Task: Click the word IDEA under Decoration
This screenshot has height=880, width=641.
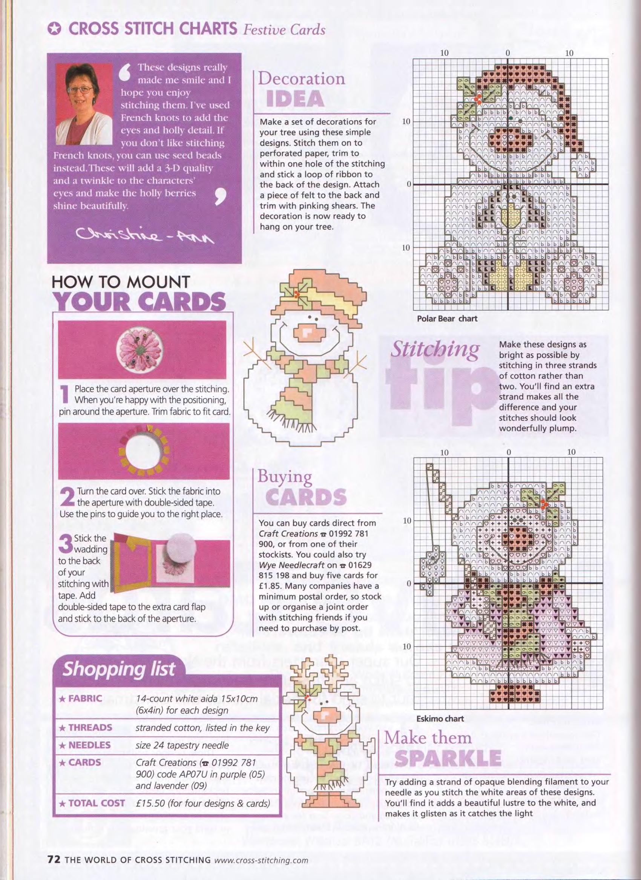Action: pos(296,99)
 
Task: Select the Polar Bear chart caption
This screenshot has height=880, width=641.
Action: pos(447,319)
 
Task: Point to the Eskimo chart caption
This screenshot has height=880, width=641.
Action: pos(440,719)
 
